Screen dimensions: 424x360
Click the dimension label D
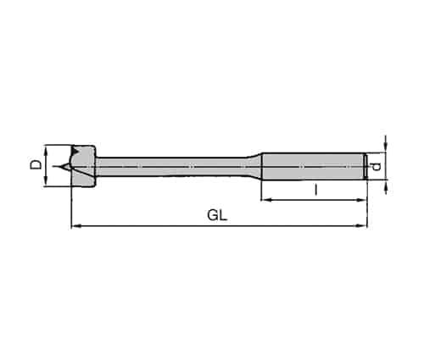(36, 164)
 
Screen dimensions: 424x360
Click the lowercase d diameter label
(376, 167)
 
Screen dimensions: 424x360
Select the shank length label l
(316, 189)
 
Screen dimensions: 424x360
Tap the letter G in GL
(213, 216)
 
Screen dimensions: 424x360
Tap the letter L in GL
(223, 216)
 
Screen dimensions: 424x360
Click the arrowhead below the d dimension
(386, 187)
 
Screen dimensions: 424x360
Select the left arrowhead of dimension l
(265, 200)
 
